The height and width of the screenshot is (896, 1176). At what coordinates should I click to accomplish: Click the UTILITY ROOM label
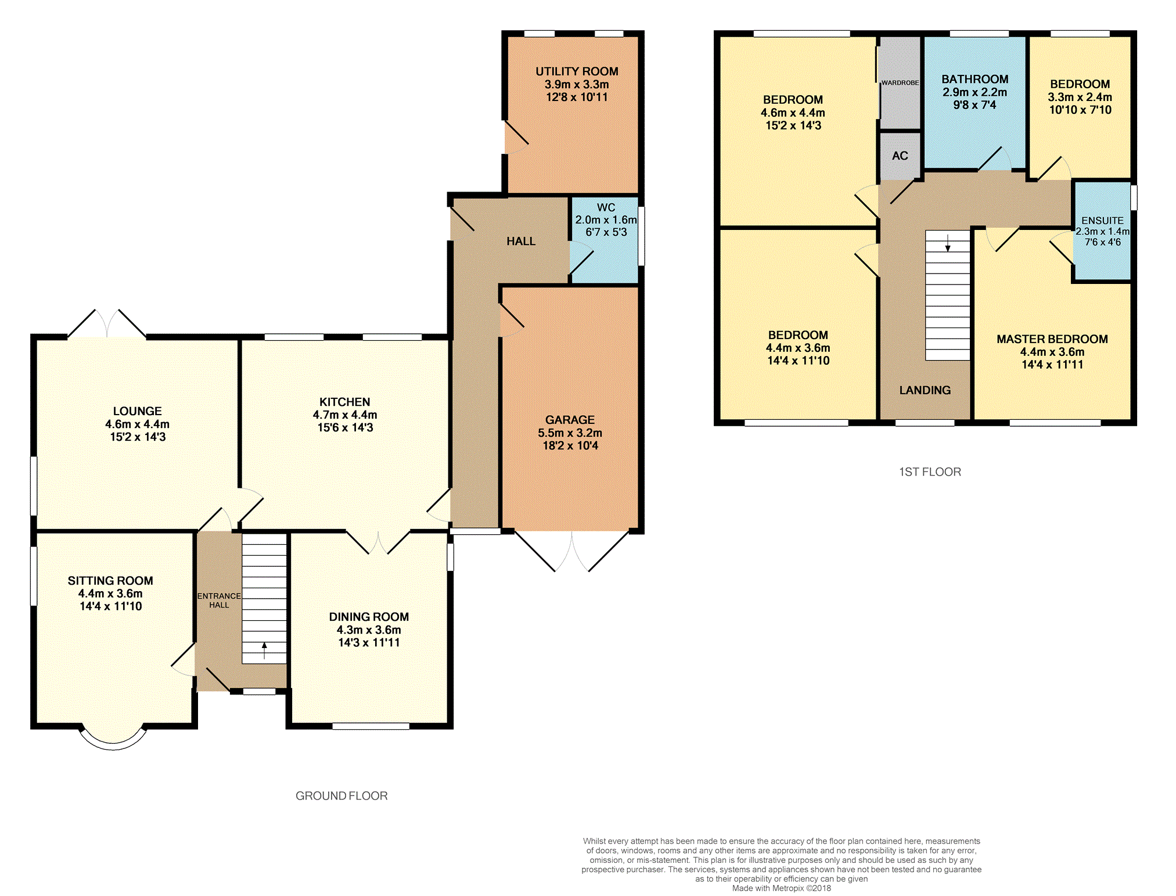click(577, 71)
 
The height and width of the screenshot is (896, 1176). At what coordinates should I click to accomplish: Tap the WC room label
click(606, 207)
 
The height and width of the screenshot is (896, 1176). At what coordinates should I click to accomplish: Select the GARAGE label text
click(570, 420)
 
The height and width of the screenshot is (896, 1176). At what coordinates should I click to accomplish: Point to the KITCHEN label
click(344, 402)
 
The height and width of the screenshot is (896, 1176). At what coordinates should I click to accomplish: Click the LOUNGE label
click(137, 411)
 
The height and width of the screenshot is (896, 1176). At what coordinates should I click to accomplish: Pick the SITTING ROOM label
click(110, 581)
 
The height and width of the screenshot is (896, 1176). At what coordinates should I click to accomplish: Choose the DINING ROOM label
click(369, 617)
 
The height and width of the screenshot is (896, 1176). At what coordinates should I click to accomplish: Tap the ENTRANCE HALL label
click(219, 600)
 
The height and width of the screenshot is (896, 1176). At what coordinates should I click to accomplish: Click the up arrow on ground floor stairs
click(264, 650)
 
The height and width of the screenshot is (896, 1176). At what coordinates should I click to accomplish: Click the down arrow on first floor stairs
click(948, 243)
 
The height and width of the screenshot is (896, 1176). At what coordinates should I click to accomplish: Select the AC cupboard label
click(900, 156)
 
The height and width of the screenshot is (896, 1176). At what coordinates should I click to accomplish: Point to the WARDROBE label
click(900, 83)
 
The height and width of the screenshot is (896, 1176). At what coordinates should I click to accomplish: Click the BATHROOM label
click(974, 79)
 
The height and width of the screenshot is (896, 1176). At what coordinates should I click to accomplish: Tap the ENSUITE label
click(1102, 221)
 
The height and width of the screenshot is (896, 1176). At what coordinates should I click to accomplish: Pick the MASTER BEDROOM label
click(1052, 339)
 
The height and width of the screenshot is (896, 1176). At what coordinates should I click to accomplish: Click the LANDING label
click(925, 390)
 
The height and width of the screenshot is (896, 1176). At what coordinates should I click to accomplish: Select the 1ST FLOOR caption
click(930, 472)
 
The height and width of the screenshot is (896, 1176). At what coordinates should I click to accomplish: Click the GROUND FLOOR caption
click(341, 796)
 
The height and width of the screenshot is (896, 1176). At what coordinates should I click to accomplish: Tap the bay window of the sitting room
click(113, 745)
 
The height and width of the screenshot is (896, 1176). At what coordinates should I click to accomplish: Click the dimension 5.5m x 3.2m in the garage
click(570, 433)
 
